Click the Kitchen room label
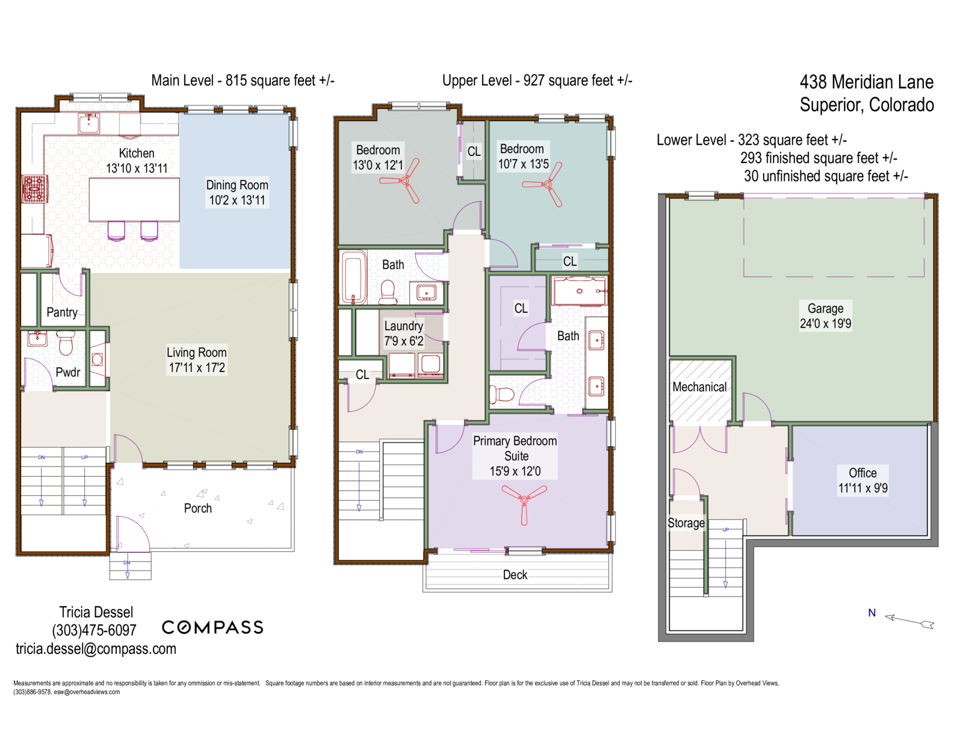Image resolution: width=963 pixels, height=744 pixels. (x=137, y=153)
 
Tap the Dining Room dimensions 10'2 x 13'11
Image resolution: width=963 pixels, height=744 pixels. (x=237, y=200)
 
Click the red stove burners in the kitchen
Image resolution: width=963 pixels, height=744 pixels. (x=34, y=188)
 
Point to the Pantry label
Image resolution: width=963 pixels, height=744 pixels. (x=62, y=312)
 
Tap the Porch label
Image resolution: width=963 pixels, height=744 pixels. (x=197, y=508)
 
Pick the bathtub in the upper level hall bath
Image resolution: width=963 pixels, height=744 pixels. (x=353, y=277)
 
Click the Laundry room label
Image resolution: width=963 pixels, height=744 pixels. (x=403, y=326)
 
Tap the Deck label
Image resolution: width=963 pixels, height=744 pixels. (x=515, y=575)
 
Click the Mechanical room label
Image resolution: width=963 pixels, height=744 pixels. (x=699, y=387)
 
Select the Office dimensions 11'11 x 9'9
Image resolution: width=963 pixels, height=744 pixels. (x=863, y=488)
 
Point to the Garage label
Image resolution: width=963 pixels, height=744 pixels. (x=825, y=308)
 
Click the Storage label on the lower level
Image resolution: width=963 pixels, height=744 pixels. (x=686, y=523)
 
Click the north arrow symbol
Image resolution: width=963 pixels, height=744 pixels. (x=909, y=621)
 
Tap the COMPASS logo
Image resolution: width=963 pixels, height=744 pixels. (x=212, y=627)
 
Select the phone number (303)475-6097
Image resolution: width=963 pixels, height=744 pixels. (x=94, y=630)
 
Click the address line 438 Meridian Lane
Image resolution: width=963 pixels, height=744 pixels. (x=866, y=82)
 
